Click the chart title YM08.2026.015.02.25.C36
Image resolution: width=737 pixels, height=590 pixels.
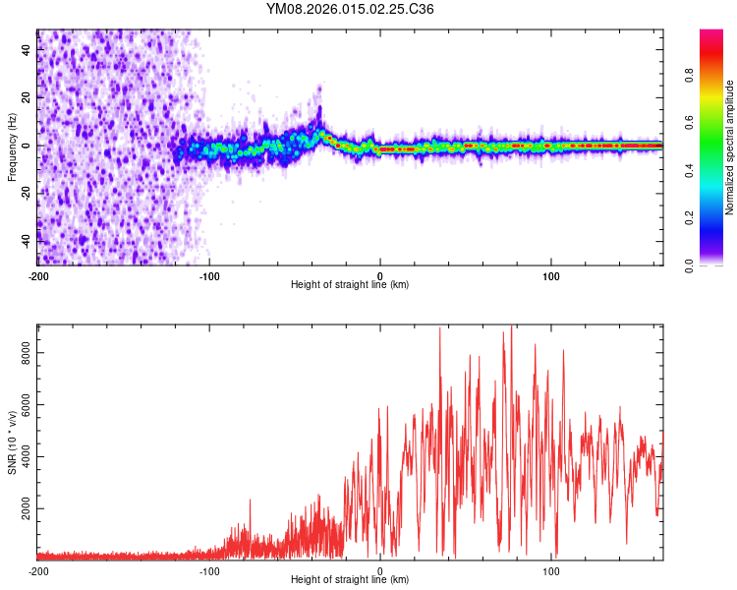[350, 9]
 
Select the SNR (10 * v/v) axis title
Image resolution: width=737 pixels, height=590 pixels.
[12, 441]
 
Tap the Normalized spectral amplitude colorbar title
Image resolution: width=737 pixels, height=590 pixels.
[730, 147]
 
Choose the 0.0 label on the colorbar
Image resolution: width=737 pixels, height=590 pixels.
[689, 265]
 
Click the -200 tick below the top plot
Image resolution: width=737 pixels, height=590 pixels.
[39, 275]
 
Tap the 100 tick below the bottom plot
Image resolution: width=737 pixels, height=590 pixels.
[551, 570]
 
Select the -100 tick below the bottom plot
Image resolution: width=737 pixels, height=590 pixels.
[209, 570]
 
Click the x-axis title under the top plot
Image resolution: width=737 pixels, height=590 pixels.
[350, 285]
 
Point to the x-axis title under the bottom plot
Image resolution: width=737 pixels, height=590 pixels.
[350, 580]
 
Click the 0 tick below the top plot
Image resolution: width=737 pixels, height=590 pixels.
[380, 275]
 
